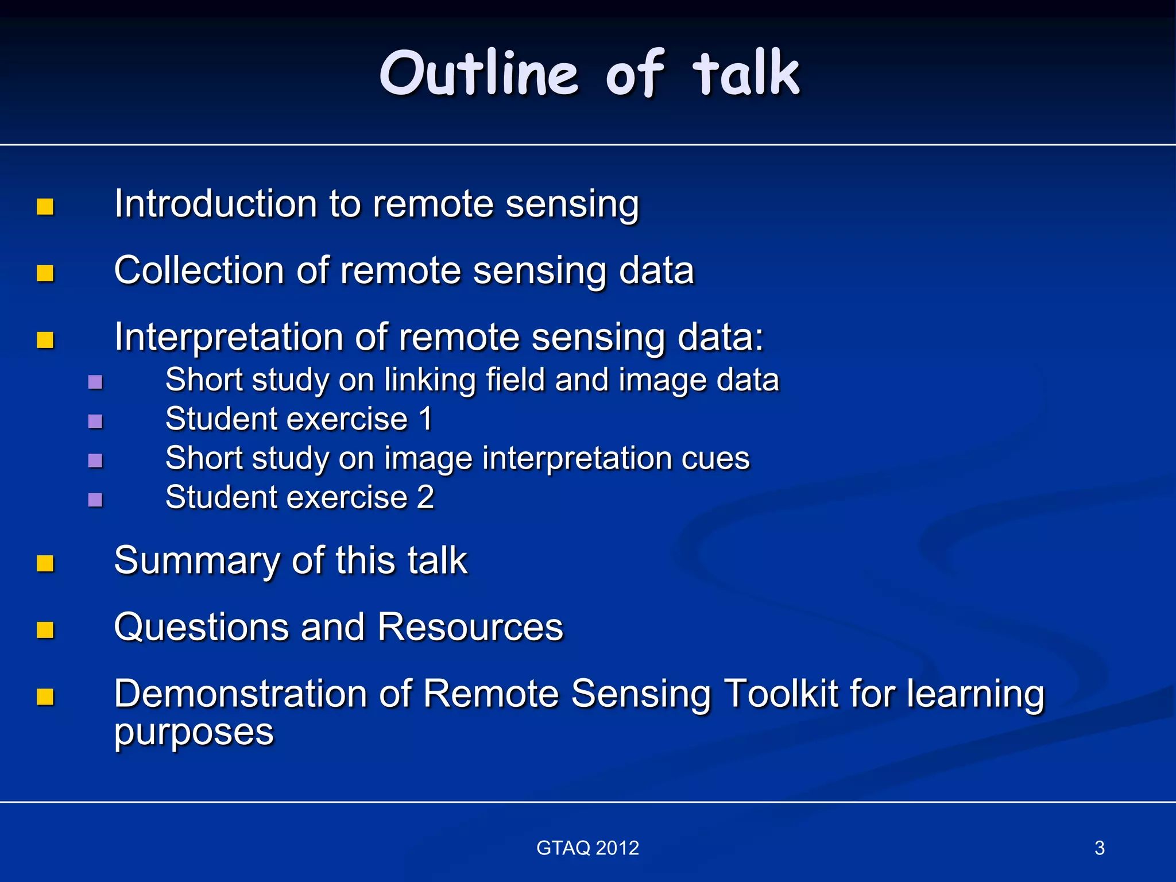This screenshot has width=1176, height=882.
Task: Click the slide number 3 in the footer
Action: click(1099, 848)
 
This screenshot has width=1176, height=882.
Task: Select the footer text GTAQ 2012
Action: click(587, 848)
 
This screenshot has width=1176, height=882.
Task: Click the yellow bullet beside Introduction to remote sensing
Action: click(45, 207)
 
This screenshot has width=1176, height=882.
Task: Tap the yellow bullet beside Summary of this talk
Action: click(45, 563)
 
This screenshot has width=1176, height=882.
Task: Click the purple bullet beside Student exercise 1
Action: click(95, 421)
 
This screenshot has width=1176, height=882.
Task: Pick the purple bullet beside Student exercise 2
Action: click(95, 500)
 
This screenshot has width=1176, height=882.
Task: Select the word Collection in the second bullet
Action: click(199, 270)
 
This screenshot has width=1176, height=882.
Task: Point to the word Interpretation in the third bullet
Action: click(229, 337)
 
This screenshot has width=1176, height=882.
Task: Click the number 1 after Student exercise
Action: click(425, 419)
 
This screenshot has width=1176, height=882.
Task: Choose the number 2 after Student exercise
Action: click(425, 497)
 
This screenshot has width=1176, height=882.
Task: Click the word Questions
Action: click(201, 627)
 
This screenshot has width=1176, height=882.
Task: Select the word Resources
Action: click(470, 627)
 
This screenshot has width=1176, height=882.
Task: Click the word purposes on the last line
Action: click(194, 733)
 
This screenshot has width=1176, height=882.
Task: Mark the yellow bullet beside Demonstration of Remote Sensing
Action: click(45, 697)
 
